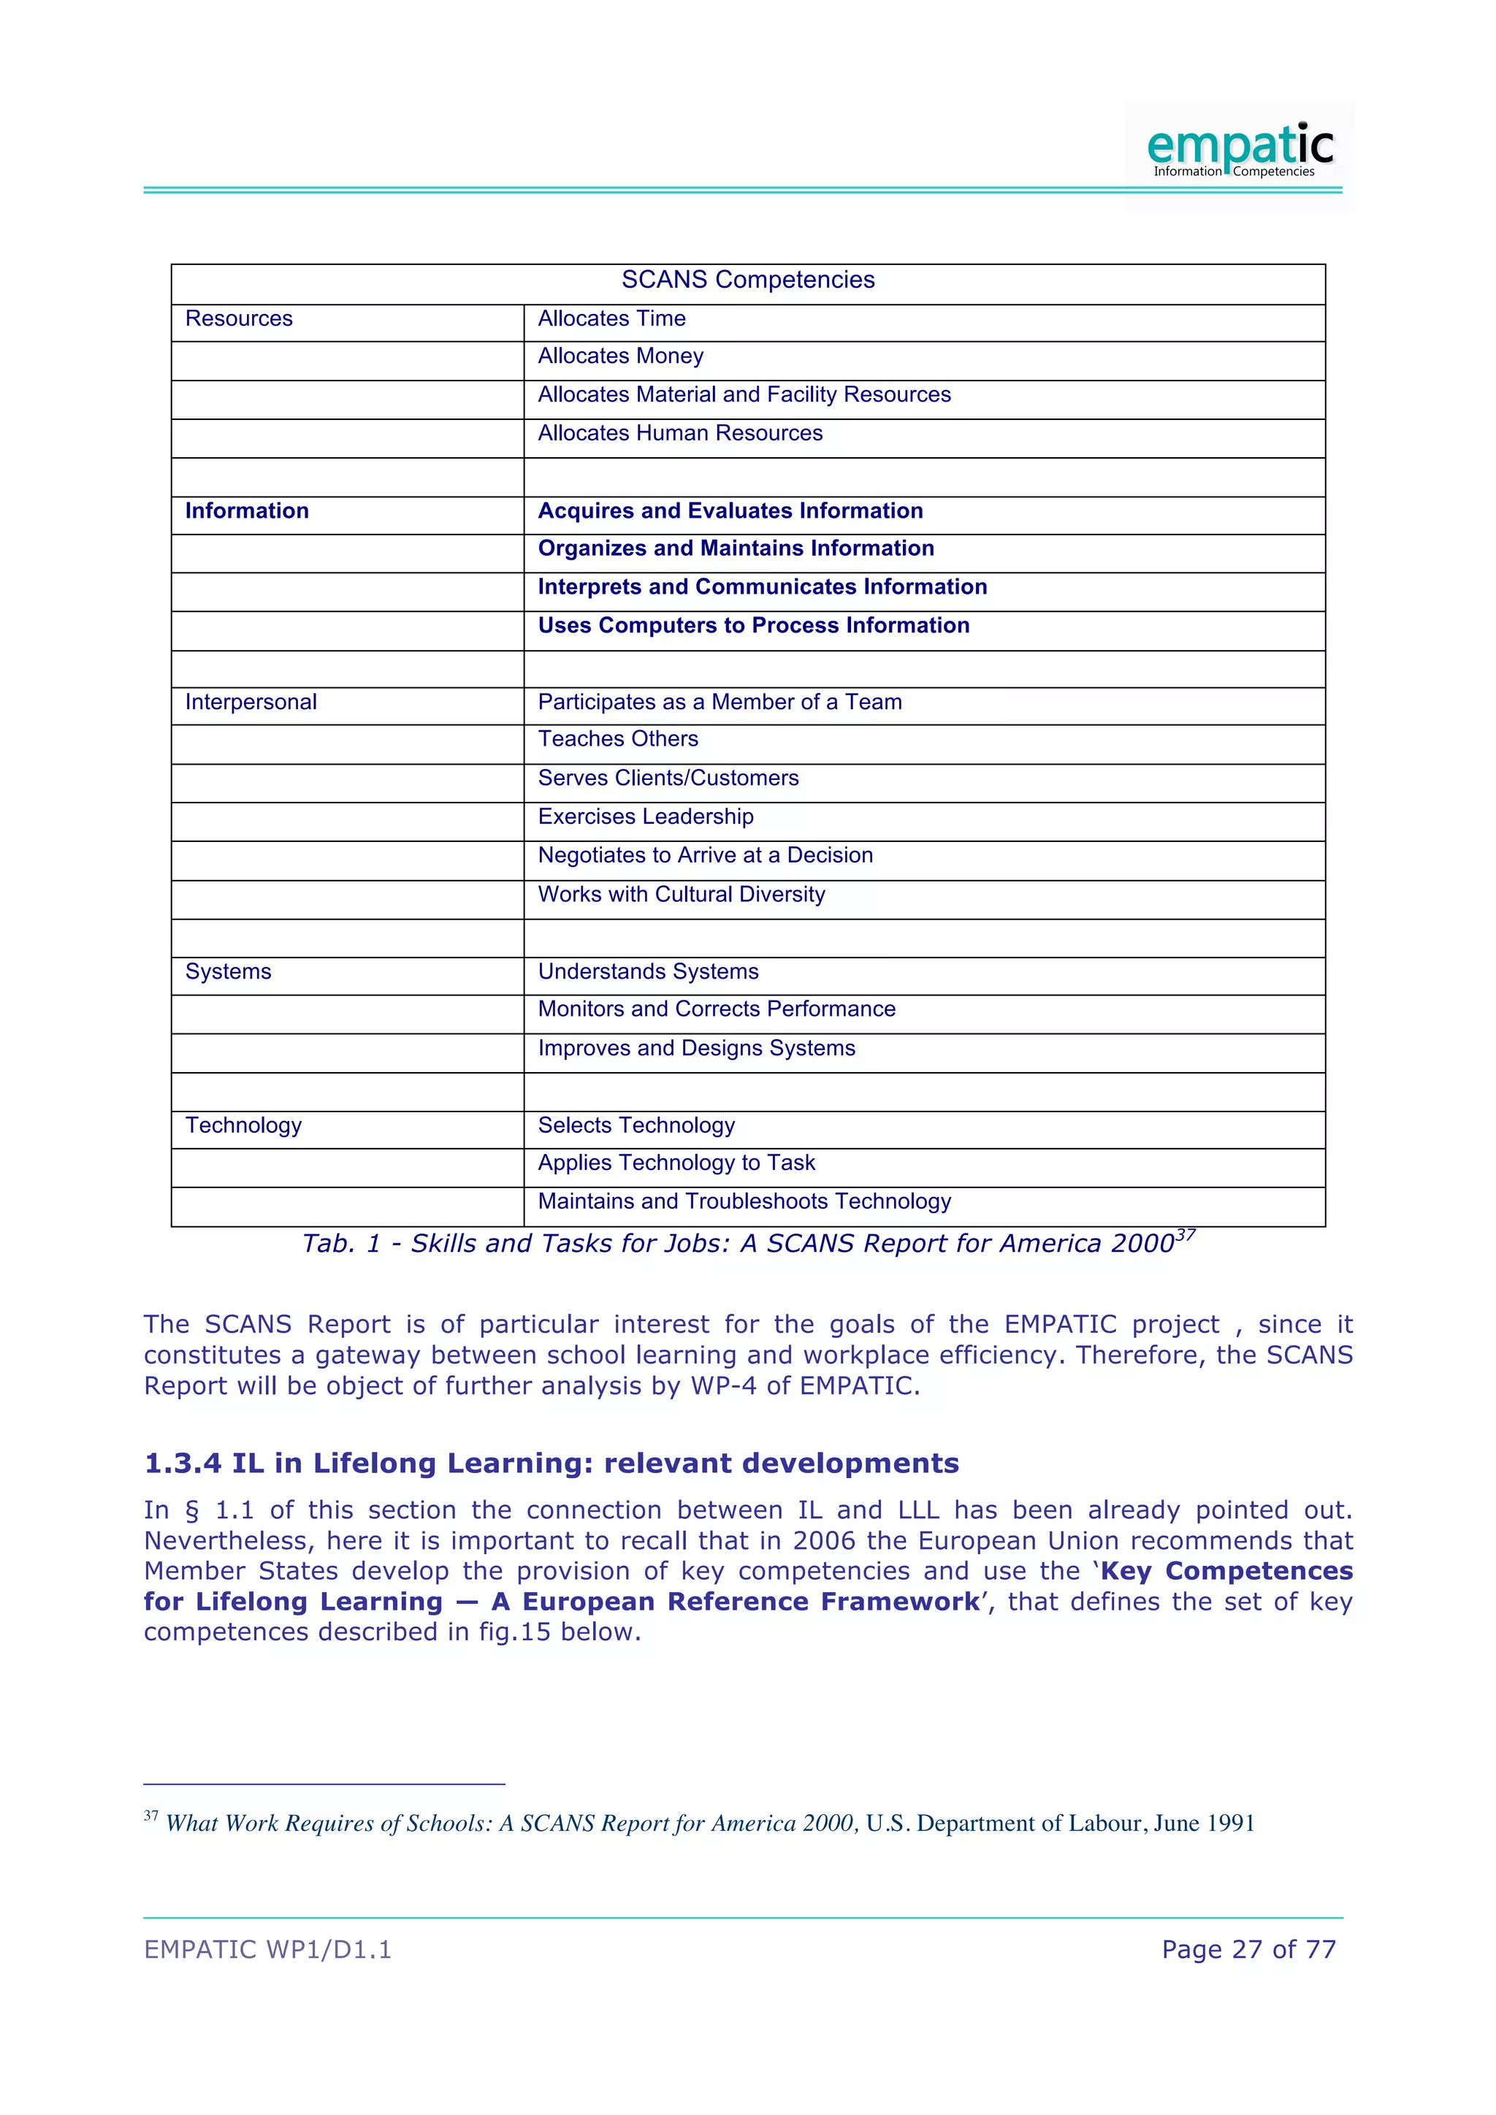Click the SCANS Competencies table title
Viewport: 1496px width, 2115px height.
click(748, 280)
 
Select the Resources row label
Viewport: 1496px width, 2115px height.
click(239, 318)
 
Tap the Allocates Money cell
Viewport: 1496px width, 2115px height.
click(620, 356)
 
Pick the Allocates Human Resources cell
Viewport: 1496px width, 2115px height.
click(680, 434)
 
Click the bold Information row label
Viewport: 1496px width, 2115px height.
click(247, 511)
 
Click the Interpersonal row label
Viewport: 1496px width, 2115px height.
click(251, 703)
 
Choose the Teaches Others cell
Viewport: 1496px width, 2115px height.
click(617, 740)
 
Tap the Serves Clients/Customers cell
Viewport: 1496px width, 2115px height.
click(668, 779)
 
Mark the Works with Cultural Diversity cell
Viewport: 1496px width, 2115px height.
click(681, 895)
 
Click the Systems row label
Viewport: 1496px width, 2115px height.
click(229, 972)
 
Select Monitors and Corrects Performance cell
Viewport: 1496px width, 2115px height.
click(716, 1009)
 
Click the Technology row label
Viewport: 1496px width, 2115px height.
click(243, 1125)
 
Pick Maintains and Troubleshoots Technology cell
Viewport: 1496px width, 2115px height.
click(744, 1202)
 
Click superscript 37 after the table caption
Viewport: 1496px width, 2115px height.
click(1186, 1235)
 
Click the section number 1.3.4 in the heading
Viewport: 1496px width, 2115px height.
click(180, 1464)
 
